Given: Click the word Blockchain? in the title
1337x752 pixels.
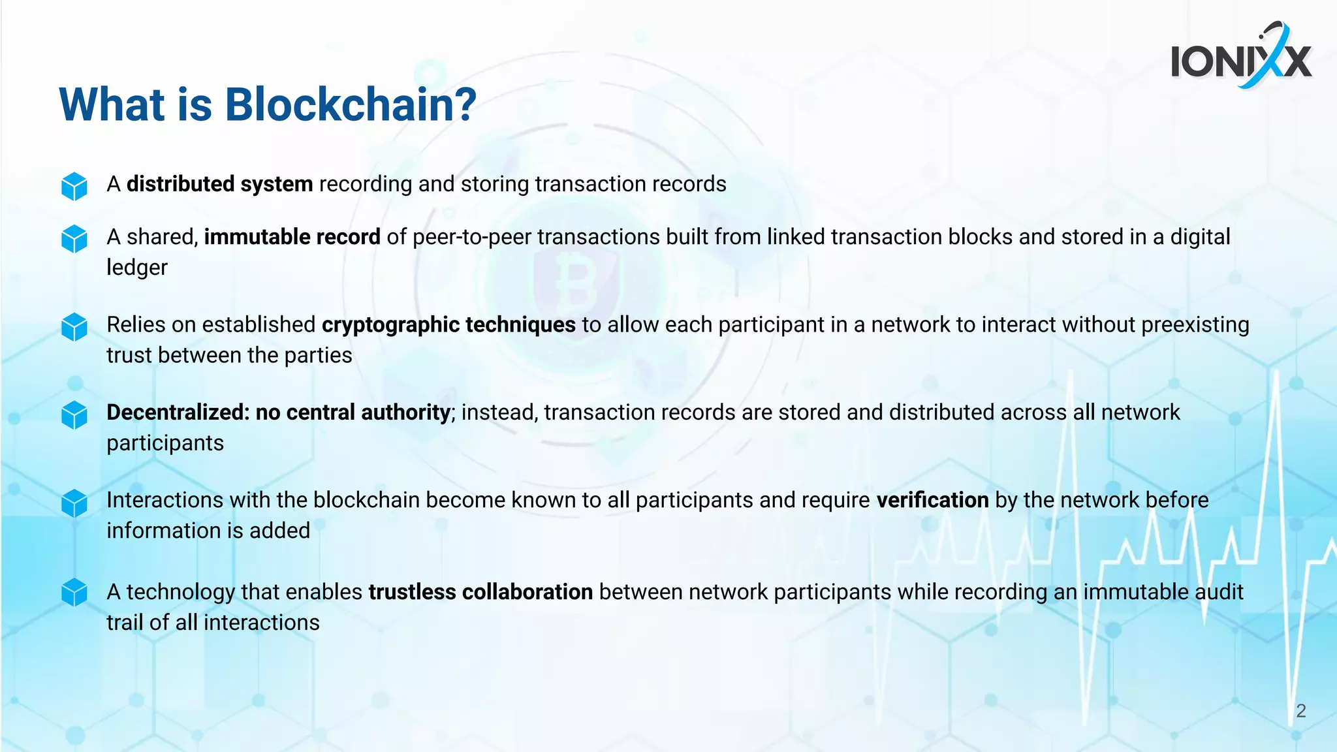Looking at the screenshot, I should (x=351, y=104).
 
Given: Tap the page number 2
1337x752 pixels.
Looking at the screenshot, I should (x=1300, y=711).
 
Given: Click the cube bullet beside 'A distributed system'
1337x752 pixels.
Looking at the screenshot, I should (x=74, y=186).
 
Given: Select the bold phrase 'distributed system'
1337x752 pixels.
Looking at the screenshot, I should (x=219, y=184).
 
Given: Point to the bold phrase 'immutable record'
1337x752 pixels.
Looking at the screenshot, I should (x=292, y=237).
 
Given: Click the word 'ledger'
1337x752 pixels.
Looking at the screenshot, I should (x=137, y=268).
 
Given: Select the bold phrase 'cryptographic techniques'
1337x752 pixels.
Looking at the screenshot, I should (x=448, y=324).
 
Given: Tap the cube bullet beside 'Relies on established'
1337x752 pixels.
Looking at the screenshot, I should (x=74, y=326).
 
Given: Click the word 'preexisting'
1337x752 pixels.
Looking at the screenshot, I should (x=1195, y=324).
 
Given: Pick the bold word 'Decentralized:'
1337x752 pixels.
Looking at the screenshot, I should (x=178, y=413).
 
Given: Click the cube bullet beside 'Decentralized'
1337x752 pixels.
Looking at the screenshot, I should (x=74, y=415).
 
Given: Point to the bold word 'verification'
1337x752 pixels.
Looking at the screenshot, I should (x=932, y=500).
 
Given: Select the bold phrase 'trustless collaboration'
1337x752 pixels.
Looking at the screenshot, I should (x=480, y=592).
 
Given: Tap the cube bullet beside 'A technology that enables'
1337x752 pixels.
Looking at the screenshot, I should (x=74, y=593).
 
